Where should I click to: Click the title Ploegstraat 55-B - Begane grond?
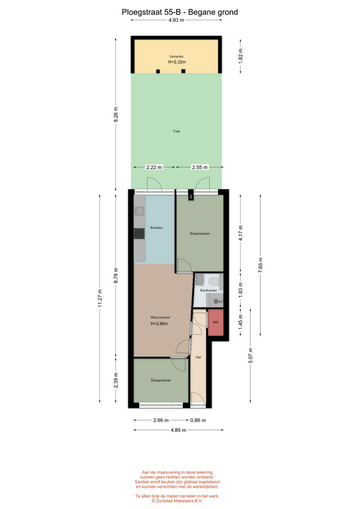point(180,12)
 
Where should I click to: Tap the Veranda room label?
point(176,57)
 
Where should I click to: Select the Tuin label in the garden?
point(176,131)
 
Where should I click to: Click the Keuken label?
point(156,227)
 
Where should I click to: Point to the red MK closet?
point(216,322)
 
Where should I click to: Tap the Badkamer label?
point(208,290)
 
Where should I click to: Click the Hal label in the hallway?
point(198,357)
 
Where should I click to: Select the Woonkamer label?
point(160,318)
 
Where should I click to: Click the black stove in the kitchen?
point(139,234)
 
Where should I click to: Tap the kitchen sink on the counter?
point(139,212)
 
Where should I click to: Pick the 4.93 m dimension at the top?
point(176,20)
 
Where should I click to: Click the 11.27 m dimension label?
point(100,299)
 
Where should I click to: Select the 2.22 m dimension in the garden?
point(154,167)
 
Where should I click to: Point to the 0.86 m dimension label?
point(198,420)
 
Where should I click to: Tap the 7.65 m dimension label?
point(260,265)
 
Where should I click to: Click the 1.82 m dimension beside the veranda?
point(241,56)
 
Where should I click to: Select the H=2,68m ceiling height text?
point(160,323)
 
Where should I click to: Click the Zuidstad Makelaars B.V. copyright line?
point(177,501)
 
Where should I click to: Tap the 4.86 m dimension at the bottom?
point(178,430)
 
